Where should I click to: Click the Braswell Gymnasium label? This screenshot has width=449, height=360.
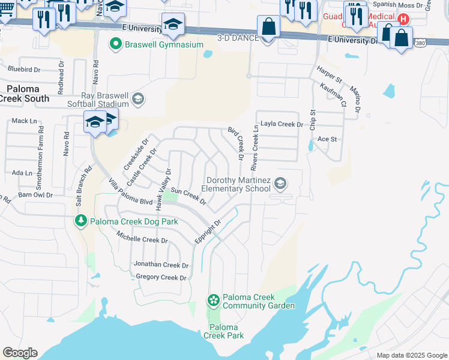coord(164,44)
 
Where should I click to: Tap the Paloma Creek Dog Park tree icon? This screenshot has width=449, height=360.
coord(81,221)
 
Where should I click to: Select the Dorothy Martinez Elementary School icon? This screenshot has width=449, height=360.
coord(280,183)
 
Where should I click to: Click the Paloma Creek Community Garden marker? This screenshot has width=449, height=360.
coord(214,299)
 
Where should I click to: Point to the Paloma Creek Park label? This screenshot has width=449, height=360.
coord(223,331)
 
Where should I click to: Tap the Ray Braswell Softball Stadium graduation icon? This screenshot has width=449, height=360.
coord(138,98)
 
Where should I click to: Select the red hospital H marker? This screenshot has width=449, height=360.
coord(404,19)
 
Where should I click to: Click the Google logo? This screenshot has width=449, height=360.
coord(20,353)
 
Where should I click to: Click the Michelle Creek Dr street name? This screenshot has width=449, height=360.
coord(142,239)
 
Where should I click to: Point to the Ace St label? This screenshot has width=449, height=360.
coord(327,139)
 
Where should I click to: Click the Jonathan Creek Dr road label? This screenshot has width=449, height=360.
coord(160,265)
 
